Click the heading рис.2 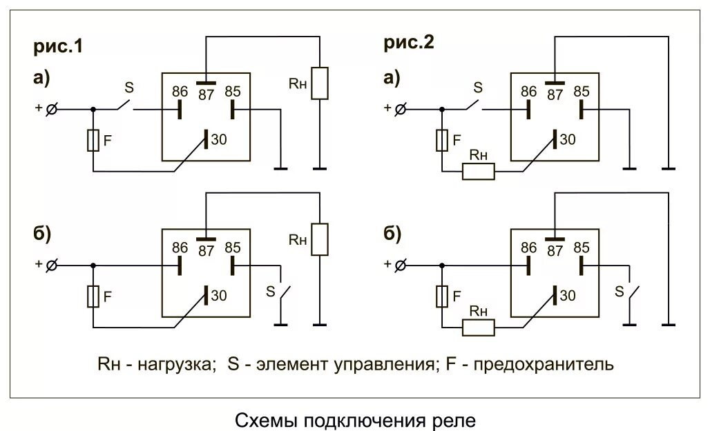point(409,43)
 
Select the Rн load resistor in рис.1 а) point(320,83)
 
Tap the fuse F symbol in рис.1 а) point(93,141)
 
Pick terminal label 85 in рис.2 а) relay point(582,92)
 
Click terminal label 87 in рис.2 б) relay point(555,251)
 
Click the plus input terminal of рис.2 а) point(400,108)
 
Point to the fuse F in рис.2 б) point(442,297)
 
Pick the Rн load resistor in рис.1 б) point(320,239)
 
